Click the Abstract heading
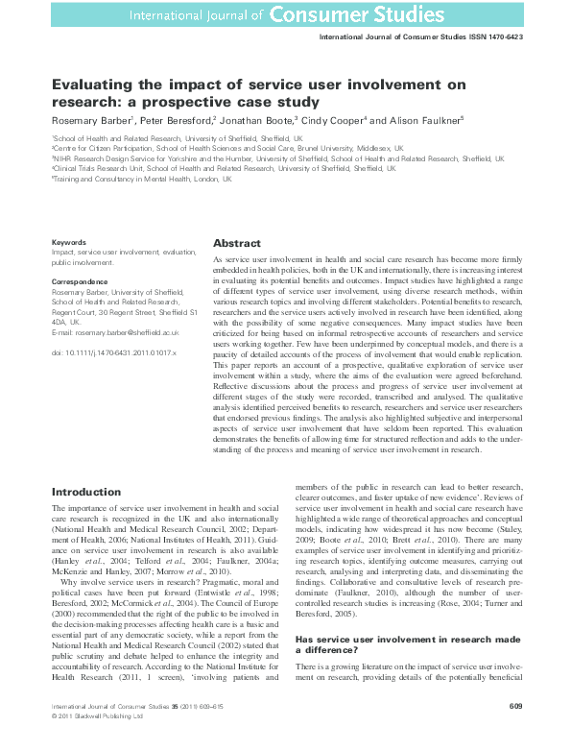pyautogui.click(x=236, y=244)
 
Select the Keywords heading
pyautogui.click(x=67, y=242)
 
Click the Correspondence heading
pyautogui.click(x=80, y=283)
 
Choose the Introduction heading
pyautogui.click(x=85, y=492)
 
